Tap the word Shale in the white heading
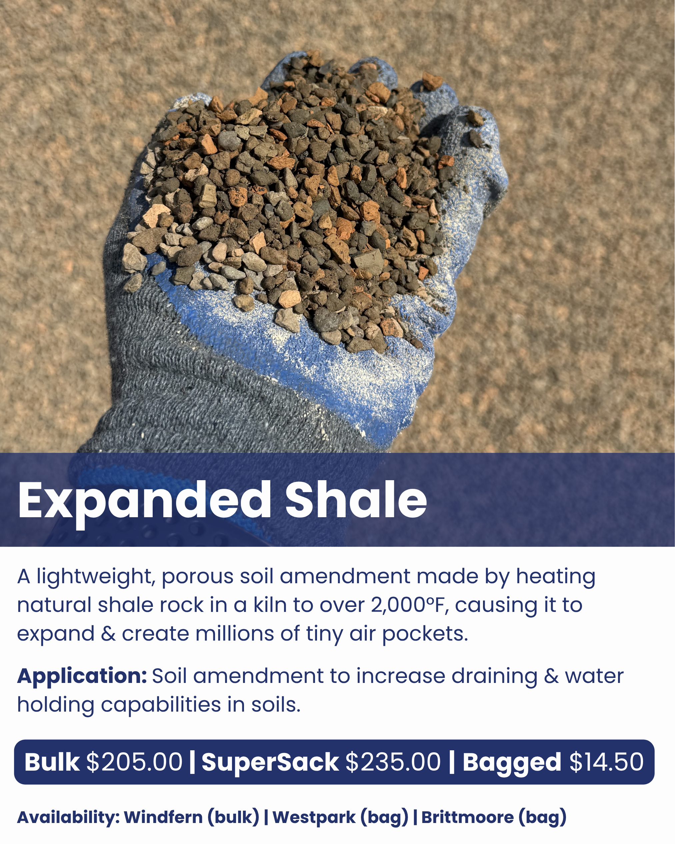356,500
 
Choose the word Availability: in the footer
68,817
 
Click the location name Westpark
314,817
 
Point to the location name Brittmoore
467,817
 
